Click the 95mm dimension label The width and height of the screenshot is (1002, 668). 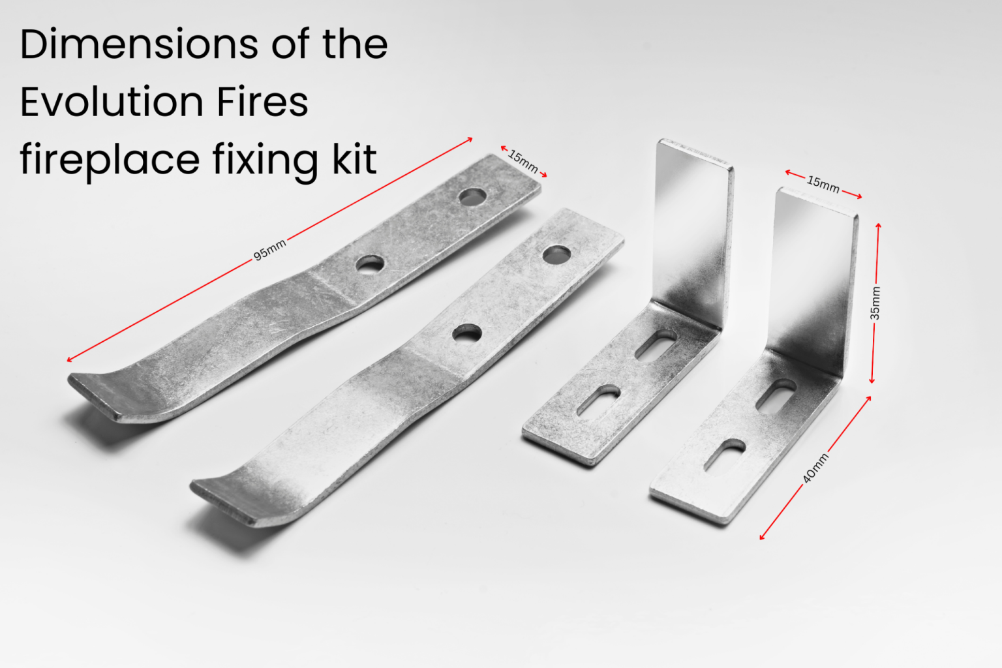(x=269, y=250)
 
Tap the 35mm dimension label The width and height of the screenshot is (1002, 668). (x=875, y=303)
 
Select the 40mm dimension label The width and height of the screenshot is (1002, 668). (x=815, y=468)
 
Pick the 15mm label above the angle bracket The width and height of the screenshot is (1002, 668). (x=823, y=184)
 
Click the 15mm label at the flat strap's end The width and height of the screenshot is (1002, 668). (x=523, y=161)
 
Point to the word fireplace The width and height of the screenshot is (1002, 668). (x=110, y=160)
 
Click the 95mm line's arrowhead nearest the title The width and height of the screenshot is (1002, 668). (x=469, y=140)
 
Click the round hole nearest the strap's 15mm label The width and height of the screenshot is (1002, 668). (x=472, y=196)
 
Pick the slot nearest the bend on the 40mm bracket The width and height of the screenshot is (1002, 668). (x=776, y=394)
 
